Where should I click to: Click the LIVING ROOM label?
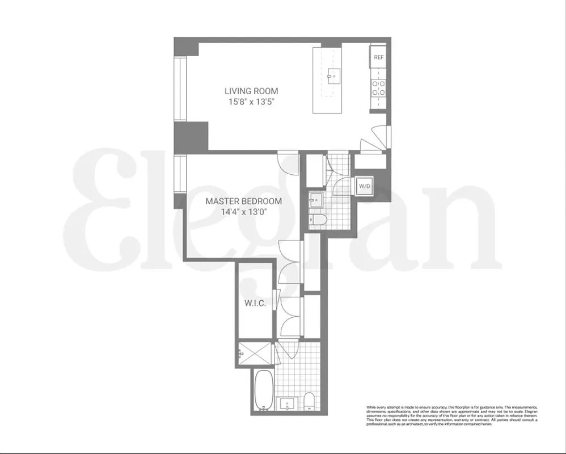(251, 91)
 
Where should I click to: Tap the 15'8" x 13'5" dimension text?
(251, 102)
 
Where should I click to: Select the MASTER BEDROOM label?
(243, 201)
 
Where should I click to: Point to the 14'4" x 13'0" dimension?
(243, 212)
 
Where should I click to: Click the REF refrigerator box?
(378, 57)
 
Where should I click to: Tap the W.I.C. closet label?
(255, 304)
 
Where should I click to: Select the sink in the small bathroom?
(315, 200)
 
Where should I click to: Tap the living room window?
(180, 89)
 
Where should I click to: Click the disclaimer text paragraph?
(451, 416)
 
